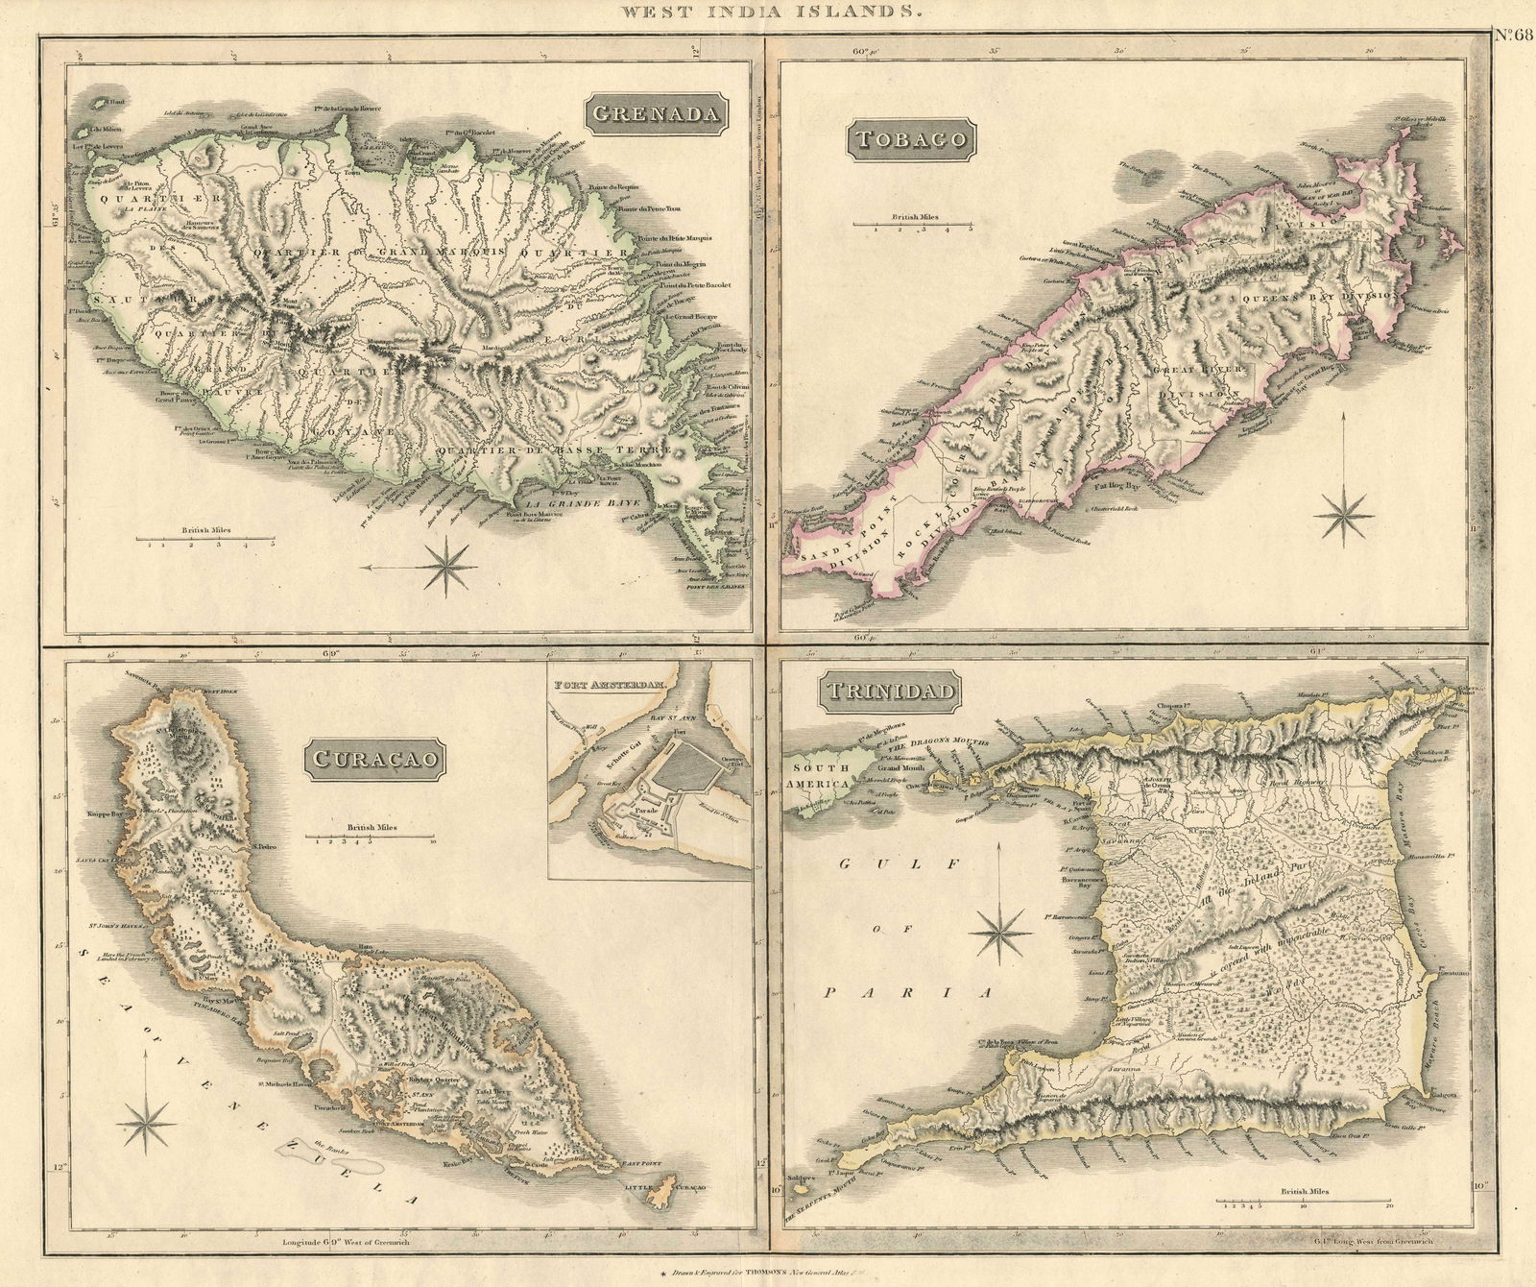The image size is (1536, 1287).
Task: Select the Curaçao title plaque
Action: pos(376,758)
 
